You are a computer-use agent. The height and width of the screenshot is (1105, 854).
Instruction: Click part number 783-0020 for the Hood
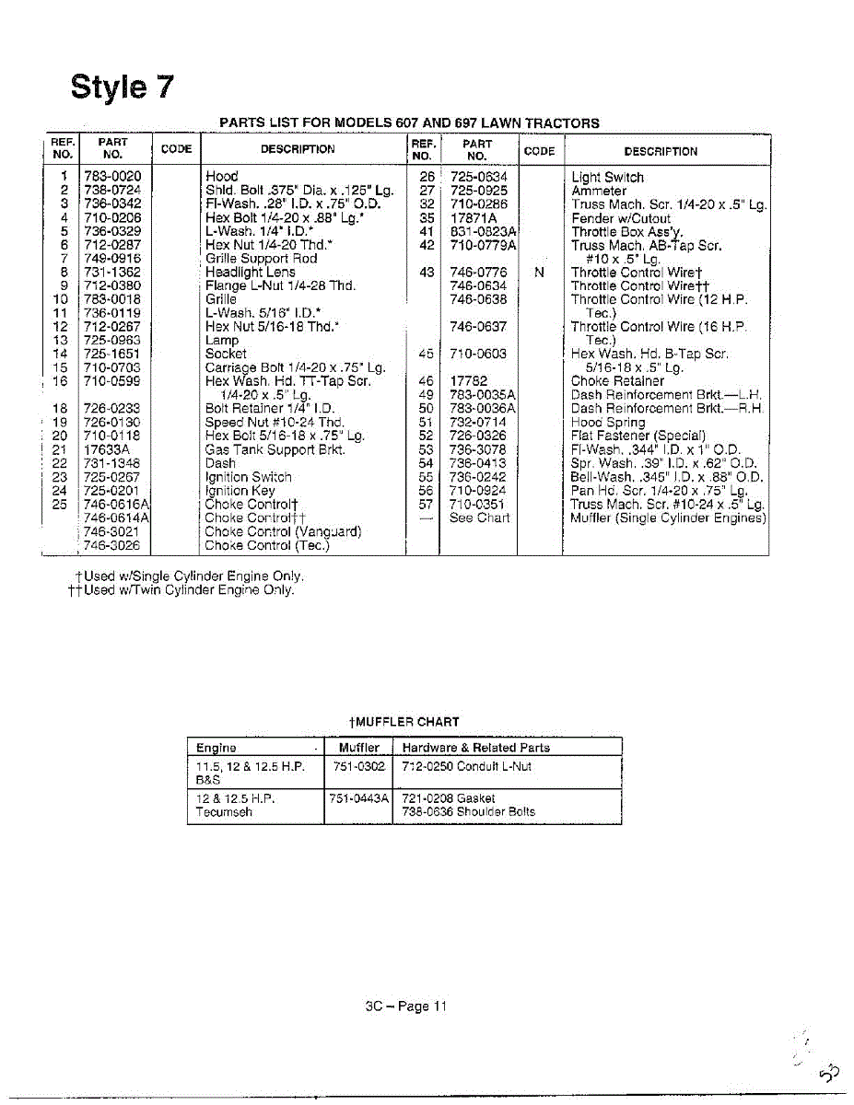click(112, 177)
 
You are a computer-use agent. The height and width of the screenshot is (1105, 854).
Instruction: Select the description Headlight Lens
click(250, 272)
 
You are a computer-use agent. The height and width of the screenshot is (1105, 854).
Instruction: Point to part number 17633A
click(106, 449)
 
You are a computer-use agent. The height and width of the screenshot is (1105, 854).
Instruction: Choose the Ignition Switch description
click(248, 477)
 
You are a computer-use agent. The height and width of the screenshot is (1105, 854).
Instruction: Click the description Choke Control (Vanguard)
click(283, 531)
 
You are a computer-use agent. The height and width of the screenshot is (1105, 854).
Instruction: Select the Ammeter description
click(599, 191)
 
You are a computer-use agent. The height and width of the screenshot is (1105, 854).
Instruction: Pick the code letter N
click(539, 273)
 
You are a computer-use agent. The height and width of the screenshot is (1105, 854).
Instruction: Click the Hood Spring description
click(608, 423)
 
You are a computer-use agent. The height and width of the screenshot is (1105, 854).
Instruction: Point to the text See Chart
click(479, 518)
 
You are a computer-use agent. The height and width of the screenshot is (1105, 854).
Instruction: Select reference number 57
click(426, 504)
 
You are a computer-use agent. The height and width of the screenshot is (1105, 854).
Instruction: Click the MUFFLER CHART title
click(404, 722)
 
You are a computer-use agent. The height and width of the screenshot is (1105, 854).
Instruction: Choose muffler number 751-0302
click(359, 766)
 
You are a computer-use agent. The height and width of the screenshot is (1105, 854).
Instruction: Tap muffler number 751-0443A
click(359, 798)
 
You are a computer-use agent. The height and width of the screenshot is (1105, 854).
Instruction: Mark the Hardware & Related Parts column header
click(475, 748)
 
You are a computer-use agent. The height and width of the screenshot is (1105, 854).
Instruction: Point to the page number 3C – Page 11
click(405, 1006)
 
